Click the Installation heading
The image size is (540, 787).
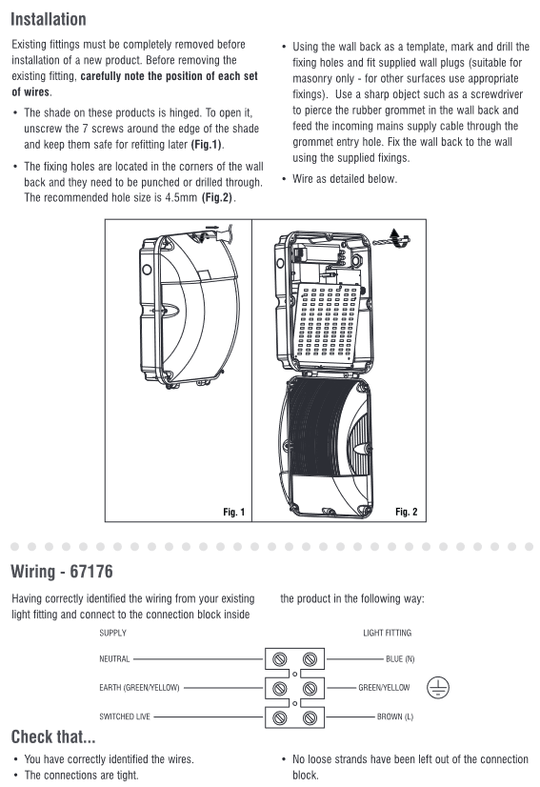coord(49,19)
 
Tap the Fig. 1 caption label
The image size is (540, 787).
coord(234,512)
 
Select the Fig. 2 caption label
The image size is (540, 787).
coord(406,512)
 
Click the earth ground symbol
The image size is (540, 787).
coord(438,688)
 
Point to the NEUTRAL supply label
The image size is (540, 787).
coord(114,659)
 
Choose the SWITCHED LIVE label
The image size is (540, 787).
coord(125,716)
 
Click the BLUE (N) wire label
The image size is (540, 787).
coord(400,659)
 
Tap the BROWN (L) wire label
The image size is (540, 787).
coord(395,716)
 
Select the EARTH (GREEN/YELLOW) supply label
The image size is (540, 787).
coord(139,688)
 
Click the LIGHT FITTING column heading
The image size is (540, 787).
coord(387,633)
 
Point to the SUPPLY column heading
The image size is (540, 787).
coord(113,633)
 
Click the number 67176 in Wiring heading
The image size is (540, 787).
coord(91,571)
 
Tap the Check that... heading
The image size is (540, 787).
coord(53,737)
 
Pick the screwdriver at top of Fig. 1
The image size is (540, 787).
coord(216,233)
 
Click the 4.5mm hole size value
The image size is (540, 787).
coord(181,198)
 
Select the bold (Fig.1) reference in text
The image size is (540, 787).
coord(207,145)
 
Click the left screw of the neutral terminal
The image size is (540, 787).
coord(280,659)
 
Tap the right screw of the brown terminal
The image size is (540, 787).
coord(310,717)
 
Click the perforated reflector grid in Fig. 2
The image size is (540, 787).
coord(328,322)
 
